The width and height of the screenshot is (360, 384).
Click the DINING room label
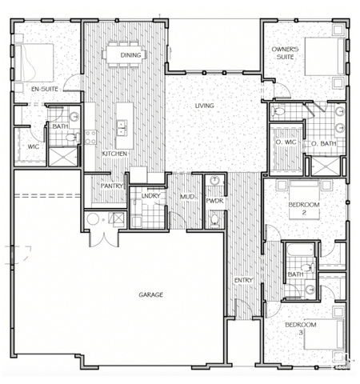[x=130, y=55]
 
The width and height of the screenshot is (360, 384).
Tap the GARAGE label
[x=150, y=294]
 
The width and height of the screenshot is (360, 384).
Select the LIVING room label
[x=205, y=106]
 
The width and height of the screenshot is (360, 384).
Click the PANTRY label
[x=112, y=186]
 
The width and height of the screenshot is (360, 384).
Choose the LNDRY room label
[x=151, y=196]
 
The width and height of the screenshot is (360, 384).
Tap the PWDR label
[x=214, y=201]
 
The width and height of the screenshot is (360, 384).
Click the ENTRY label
[x=243, y=280]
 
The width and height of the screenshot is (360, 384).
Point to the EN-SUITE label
[x=45, y=89]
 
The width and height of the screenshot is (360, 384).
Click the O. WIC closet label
[x=286, y=142]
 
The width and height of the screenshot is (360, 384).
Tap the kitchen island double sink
[x=122, y=128]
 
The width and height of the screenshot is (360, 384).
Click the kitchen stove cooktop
[x=90, y=138]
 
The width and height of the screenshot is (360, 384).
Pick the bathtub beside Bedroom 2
[x=300, y=250]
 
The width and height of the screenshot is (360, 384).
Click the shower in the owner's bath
[x=326, y=166]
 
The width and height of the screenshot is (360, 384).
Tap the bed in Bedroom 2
[x=304, y=199]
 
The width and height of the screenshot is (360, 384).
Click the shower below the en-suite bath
[x=63, y=158]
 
